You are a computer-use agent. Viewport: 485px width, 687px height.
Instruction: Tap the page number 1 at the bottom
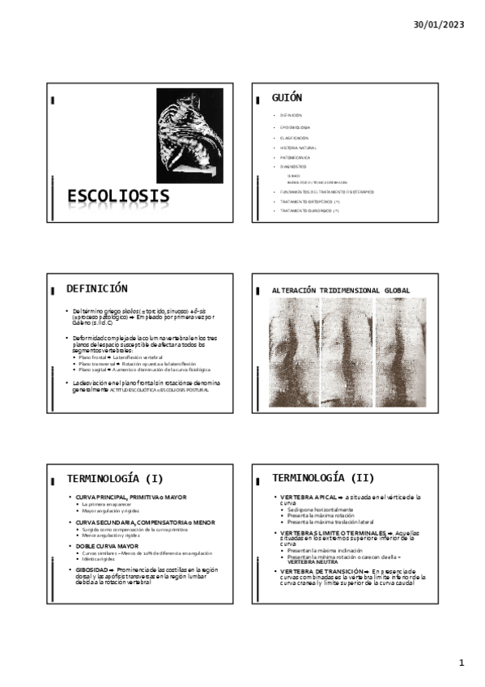tap(462, 664)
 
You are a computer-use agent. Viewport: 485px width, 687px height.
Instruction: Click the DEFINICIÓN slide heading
tap(97, 288)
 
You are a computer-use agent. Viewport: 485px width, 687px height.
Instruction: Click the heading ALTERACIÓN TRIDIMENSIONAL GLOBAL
tap(341, 290)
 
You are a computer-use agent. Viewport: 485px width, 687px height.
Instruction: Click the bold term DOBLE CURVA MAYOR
tap(106, 546)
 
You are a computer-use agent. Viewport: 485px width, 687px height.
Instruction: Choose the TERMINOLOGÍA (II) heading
tap(323, 478)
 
